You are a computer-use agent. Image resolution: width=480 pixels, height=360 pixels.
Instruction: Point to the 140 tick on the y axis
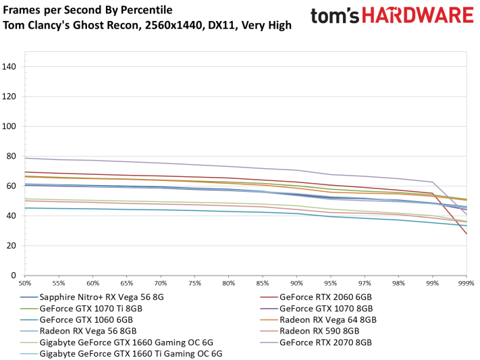pyautogui.click(x=10, y=66)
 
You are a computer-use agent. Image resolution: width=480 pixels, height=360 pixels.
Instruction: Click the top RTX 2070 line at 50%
pyautogui.click(x=26, y=158)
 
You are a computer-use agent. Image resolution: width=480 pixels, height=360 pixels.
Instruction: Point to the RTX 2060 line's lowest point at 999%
pyautogui.click(x=466, y=234)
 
